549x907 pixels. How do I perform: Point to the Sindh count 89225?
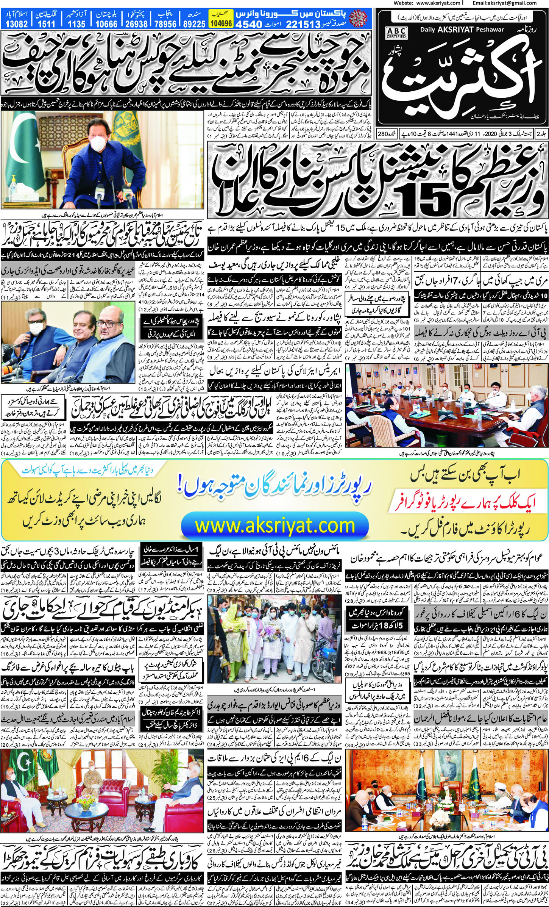(x=194, y=24)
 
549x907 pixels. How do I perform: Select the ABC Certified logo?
(x=396, y=32)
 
